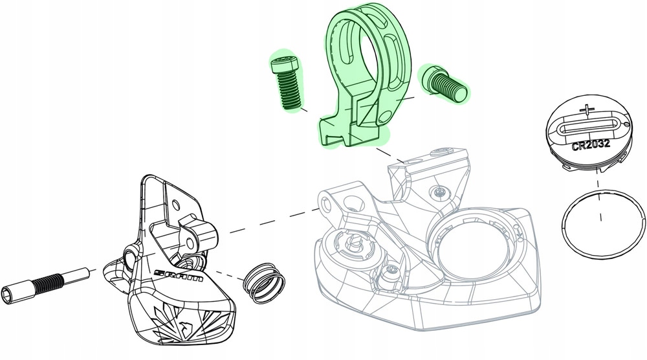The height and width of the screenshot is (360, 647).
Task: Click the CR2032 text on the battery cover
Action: click(591, 145)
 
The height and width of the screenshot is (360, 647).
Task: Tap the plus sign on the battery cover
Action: click(588, 110)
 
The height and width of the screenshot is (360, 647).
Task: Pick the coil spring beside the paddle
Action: click(263, 283)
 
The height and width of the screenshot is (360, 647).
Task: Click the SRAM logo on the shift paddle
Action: click(179, 275)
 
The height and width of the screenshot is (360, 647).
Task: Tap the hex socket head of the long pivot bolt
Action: click(16, 293)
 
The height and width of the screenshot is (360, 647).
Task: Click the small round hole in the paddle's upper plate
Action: click(176, 203)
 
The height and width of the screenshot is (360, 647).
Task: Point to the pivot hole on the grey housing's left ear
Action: click(325, 202)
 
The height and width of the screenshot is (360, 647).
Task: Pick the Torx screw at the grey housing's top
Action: click(440, 191)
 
